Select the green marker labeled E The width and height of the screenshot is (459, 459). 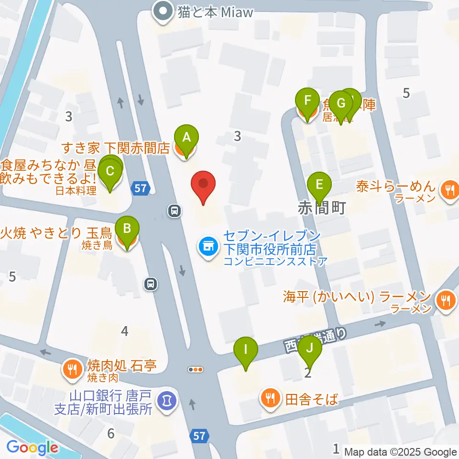(x=319, y=184)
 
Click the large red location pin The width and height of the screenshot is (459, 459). (x=203, y=185)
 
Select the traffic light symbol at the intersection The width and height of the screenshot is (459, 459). (x=196, y=369)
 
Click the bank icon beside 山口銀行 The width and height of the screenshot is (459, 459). (x=167, y=398)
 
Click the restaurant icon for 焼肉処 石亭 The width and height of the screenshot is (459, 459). (x=72, y=369)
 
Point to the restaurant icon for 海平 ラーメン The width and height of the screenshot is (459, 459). (x=446, y=300)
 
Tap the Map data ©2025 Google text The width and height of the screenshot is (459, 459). (x=400, y=452)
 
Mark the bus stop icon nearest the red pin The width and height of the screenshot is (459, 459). (x=174, y=210)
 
